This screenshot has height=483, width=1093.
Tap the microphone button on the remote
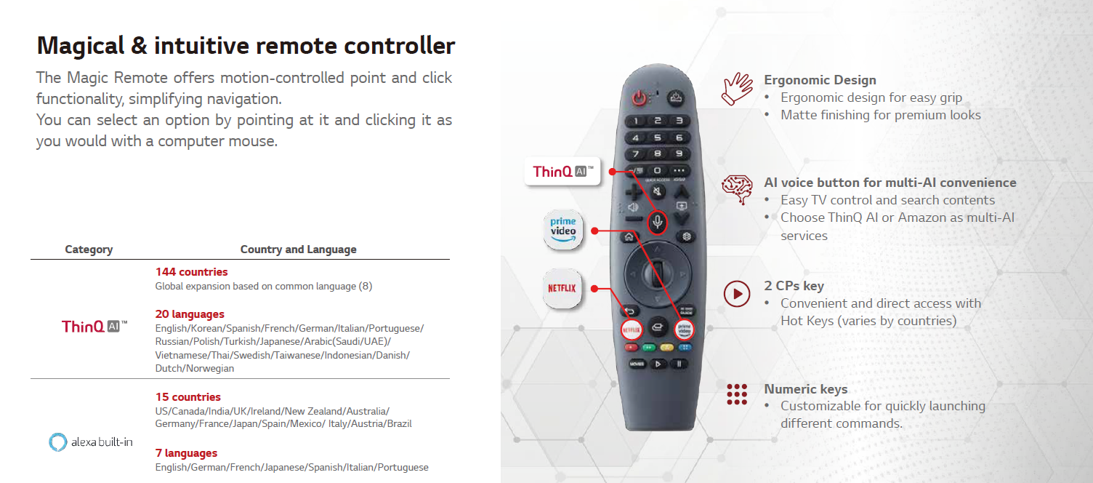[x=657, y=223]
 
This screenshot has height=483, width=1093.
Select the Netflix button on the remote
[x=631, y=330]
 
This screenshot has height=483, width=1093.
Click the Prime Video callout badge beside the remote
[x=563, y=230]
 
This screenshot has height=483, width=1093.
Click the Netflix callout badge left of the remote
[x=562, y=288]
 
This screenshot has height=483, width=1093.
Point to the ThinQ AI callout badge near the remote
[x=562, y=172]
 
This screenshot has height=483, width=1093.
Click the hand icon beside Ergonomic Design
[x=737, y=89]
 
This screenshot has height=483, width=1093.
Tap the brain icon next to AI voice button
[x=738, y=189]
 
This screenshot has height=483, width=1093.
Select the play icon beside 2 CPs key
[x=737, y=294]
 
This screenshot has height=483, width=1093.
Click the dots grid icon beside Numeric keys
[x=737, y=394]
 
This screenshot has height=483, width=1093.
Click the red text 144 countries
[x=191, y=272]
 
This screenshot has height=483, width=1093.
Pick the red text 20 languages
[x=190, y=314]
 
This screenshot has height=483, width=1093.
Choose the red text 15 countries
[x=187, y=397]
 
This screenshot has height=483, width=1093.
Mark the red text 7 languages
[x=186, y=453]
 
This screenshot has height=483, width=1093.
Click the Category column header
[x=89, y=250]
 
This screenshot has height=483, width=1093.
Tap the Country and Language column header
[x=298, y=250]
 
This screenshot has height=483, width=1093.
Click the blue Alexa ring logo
[x=57, y=442]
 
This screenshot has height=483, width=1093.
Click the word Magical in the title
[x=81, y=46]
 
